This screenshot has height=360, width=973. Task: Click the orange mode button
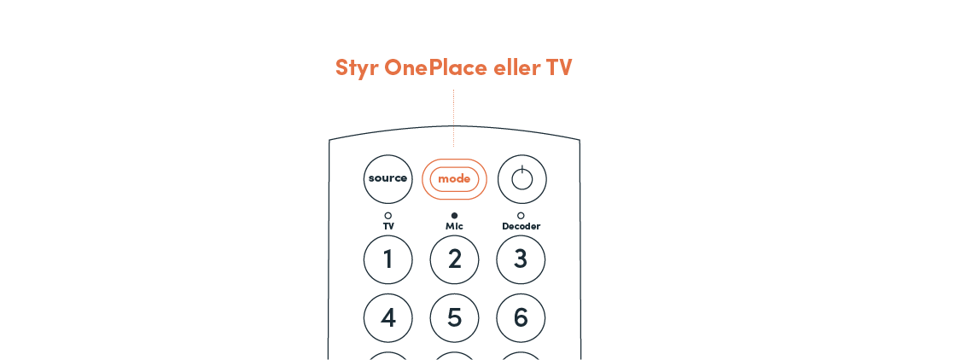pos(454,179)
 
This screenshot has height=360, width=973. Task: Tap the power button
pos(521,179)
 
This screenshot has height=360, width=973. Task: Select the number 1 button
pos(388,259)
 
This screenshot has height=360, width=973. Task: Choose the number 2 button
pos(454,259)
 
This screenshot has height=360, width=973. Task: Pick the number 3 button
pos(521,259)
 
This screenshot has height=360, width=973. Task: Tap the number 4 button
pos(388,318)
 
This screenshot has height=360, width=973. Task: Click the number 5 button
pos(454,318)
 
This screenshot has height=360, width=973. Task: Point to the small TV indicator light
pos(387,216)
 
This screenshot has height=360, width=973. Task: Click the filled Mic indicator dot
pos(454,216)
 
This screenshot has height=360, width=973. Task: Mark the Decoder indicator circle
pos(521,216)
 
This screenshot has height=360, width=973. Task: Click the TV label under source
pos(388,227)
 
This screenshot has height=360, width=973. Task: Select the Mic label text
pos(454,227)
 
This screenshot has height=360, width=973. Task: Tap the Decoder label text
pos(521,227)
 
